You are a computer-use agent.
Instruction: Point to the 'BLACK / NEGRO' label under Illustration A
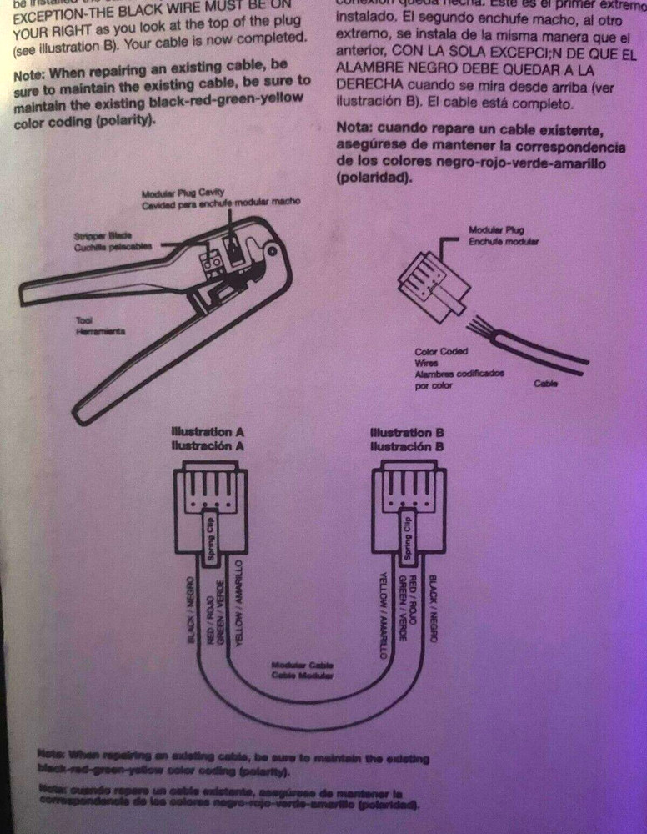[x=190, y=609]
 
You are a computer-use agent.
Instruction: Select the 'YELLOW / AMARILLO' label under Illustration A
[x=238, y=601]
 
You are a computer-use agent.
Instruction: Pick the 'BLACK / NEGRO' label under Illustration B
[x=433, y=608]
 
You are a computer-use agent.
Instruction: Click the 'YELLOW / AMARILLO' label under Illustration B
[x=384, y=616]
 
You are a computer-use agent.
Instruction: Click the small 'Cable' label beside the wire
[x=546, y=384]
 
